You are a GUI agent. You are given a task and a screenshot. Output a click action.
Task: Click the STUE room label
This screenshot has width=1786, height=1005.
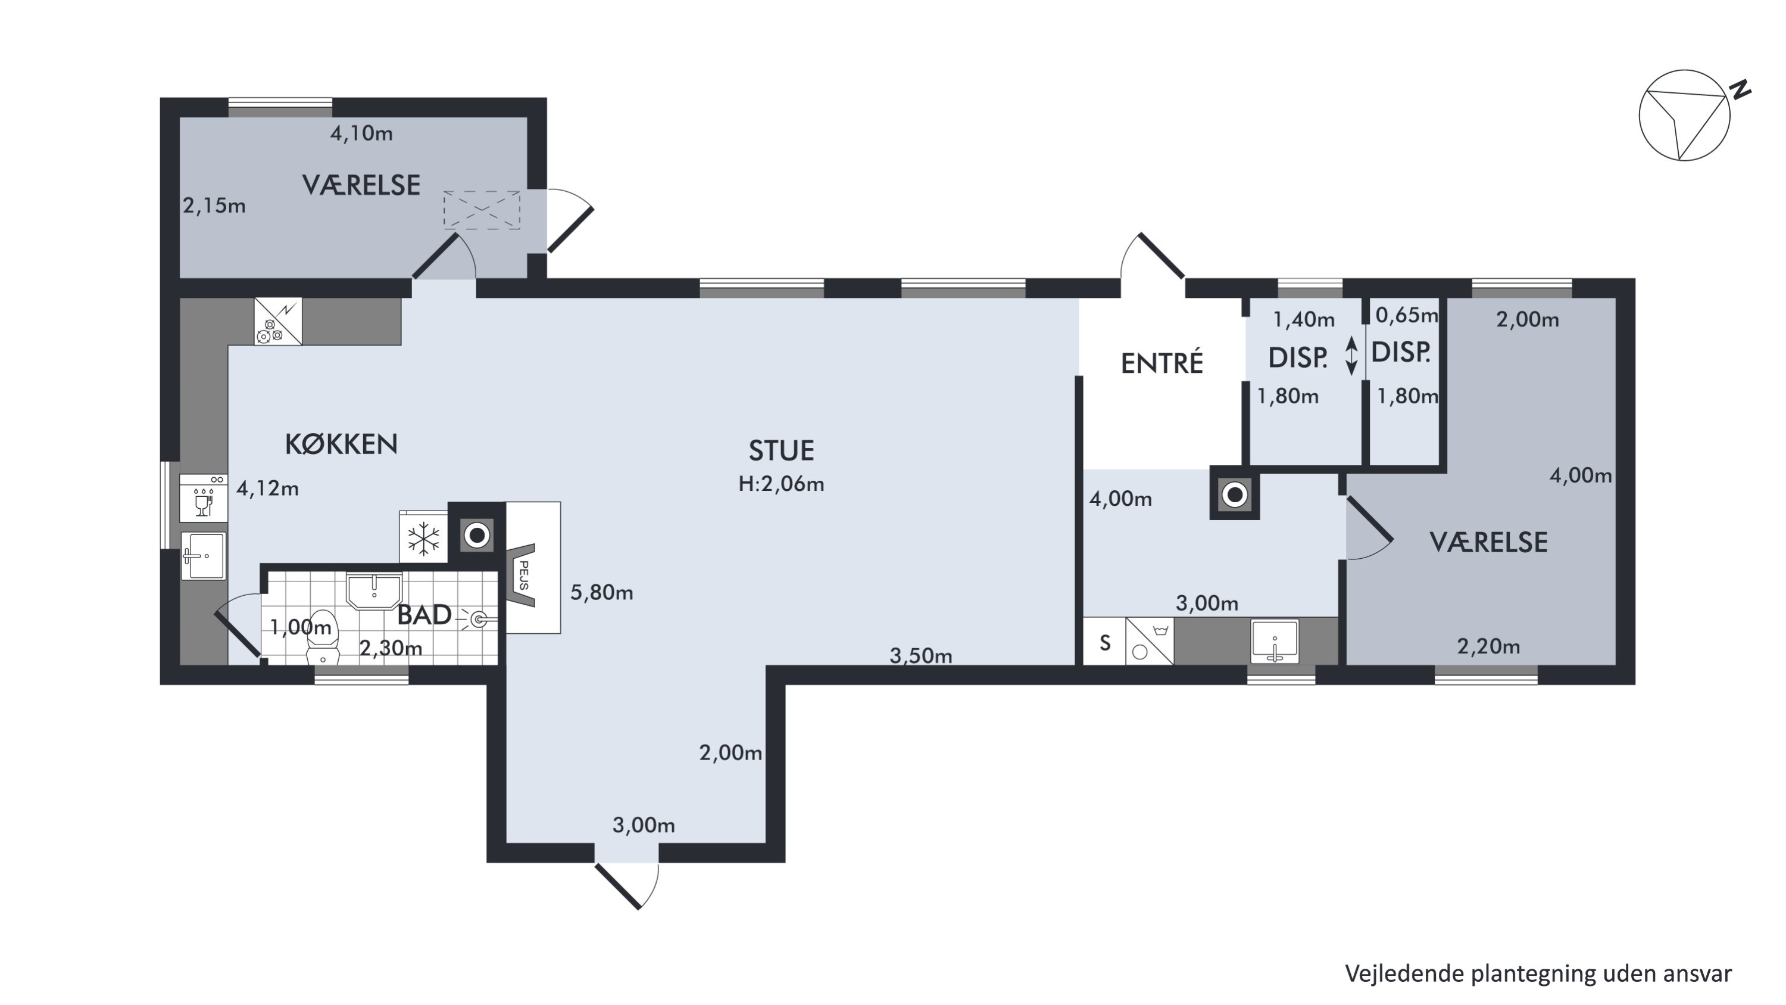[x=780, y=451]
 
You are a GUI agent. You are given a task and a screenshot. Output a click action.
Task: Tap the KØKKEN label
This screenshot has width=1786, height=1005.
[x=341, y=444]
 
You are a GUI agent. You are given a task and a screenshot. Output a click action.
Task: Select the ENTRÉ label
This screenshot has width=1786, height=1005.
[x=1162, y=363]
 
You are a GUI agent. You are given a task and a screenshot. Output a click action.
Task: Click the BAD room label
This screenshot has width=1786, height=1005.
[x=424, y=615]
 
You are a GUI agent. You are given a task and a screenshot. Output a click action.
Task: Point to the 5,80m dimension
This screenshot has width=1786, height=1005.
[x=601, y=592]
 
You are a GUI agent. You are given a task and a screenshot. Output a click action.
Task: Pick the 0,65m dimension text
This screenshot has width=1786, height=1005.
[x=1406, y=316]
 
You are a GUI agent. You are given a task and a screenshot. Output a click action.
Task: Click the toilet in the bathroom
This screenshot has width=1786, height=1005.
[x=323, y=637]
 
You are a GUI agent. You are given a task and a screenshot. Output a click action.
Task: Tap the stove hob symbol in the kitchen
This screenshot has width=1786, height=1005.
[x=278, y=321]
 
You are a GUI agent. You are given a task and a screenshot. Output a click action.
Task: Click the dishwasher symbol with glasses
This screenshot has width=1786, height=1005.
[x=204, y=498]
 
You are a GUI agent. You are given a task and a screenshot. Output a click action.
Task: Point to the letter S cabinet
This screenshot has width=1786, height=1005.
[x=1104, y=642]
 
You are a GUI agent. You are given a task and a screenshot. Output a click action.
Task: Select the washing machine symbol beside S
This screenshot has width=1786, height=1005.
[x=1150, y=641]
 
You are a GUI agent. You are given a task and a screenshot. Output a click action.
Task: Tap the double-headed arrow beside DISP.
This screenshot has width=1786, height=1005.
[x=1351, y=356]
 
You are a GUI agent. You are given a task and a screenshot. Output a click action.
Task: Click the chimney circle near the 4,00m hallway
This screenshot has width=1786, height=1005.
[x=1235, y=495]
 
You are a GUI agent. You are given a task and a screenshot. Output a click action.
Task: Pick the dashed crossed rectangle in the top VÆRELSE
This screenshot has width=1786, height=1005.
[x=482, y=210]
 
